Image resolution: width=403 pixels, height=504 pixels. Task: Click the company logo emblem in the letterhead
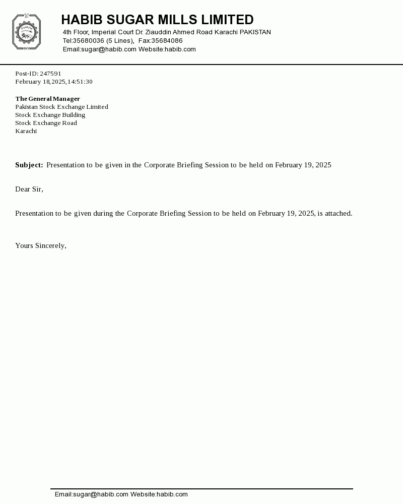tap(26, 32)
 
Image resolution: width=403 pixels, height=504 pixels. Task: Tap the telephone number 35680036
tap(89, 41)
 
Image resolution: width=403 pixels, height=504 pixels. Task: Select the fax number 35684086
tap(167, 41)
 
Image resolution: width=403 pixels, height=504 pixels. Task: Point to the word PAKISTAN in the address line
tap(255, 32)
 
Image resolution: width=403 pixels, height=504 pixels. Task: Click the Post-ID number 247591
tap(50, 74)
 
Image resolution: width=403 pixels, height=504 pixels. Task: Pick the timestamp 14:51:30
tap(80, 82)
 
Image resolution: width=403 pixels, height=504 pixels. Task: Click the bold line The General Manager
tap(47, 99)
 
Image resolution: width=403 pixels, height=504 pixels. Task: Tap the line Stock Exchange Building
tap(50, 115)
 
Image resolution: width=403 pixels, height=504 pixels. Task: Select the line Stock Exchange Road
tap(46, 123)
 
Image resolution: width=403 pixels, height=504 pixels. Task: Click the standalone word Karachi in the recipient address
tap(26, 131)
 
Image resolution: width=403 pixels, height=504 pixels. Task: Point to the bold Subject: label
tap(29, 165)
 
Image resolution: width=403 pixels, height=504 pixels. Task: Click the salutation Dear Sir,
tap(29, 190)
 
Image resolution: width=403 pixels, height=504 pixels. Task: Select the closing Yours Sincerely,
tap(41, 246)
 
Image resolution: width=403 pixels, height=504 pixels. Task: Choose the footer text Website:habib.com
tap(159, 494)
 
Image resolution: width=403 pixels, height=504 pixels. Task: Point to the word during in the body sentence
tap(103, 214)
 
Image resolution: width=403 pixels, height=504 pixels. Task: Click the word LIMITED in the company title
tap(227, 20)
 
